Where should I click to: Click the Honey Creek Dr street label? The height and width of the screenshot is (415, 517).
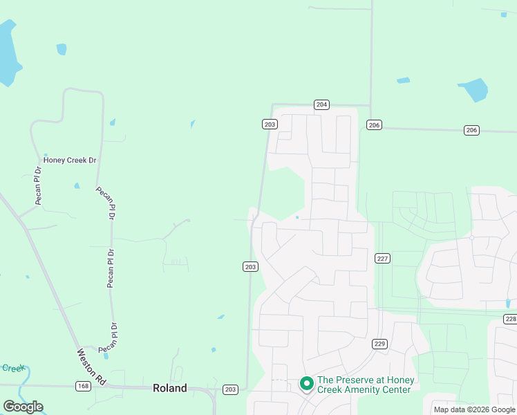click(69, 160)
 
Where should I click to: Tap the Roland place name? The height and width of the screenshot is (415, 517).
click(169, 388)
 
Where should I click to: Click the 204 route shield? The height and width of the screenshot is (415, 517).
click(321, 104)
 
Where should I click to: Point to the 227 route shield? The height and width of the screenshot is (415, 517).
click(383, 258)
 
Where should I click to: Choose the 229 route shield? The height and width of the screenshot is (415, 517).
click(379, 343)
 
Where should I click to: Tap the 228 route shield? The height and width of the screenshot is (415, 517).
click(510, 319)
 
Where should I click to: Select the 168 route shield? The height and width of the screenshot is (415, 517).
click(83, 387)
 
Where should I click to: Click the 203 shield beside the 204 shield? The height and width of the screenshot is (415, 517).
click(270, 124)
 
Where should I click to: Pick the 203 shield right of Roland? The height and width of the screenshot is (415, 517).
click(231, 390)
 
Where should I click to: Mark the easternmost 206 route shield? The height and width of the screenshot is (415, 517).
click(471, 130)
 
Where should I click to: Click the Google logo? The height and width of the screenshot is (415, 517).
click(23, 406)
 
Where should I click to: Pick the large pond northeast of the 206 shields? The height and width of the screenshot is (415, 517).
click(473, 90)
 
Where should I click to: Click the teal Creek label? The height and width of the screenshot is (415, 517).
click(13, 368)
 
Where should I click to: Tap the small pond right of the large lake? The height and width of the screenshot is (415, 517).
click(62, 49)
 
